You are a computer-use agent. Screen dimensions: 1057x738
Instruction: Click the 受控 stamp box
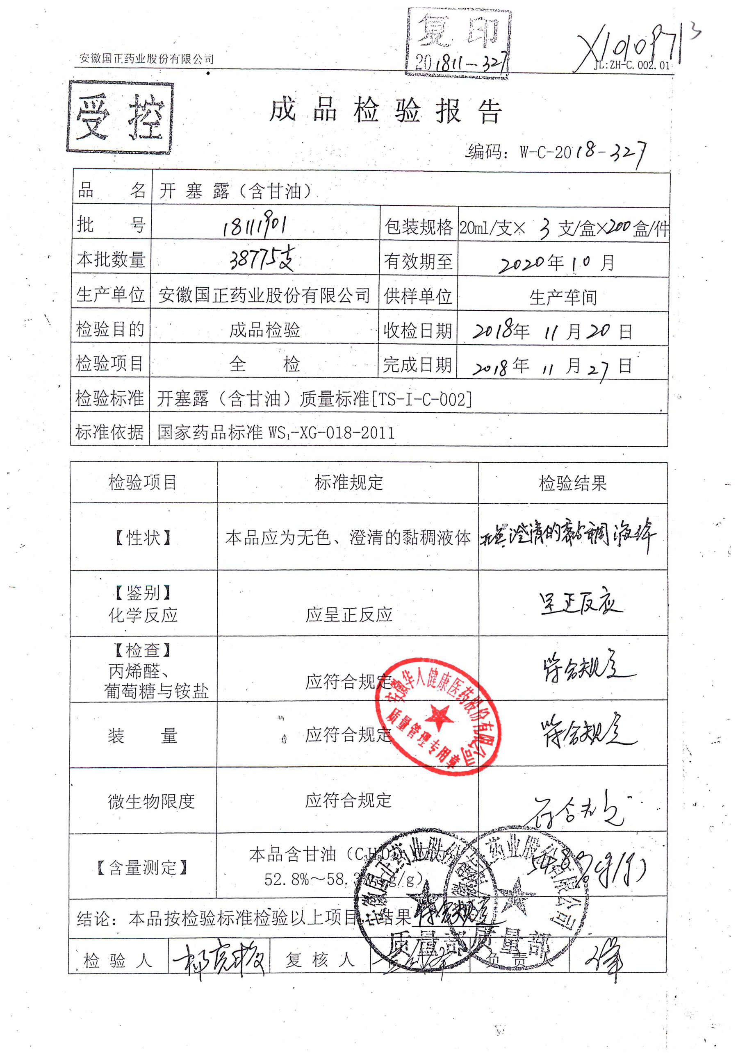tap(120, 117)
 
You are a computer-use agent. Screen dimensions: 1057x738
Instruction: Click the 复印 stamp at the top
tap(458, 44)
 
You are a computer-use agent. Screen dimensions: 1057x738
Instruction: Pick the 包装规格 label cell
tap(418, 227)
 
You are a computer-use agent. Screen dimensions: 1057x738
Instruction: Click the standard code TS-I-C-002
tap(421, 399)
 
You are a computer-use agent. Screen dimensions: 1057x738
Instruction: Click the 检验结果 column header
tap(573, 483)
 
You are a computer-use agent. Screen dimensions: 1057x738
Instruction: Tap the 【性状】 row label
tap(143, 537)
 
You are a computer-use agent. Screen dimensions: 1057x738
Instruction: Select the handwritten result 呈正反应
tap(580, 603)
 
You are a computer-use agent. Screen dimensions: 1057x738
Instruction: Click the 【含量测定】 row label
tap(143, 868)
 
